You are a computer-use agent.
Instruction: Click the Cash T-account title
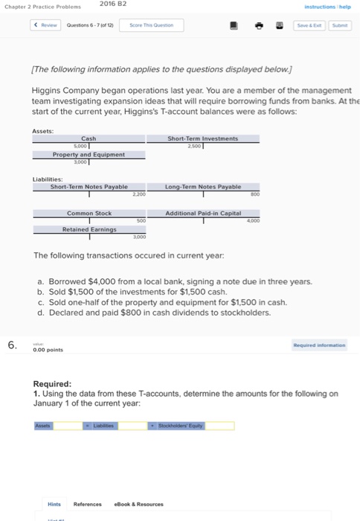(88, 138)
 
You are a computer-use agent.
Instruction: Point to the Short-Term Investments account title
(202, 138)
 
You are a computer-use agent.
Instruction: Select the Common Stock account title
(89, 214)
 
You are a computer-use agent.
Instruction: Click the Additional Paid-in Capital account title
(203, 214)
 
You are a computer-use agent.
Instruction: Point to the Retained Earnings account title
(88, 230)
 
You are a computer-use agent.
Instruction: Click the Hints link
(55, 504)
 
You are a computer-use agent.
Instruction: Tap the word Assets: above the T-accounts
(42, 130)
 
